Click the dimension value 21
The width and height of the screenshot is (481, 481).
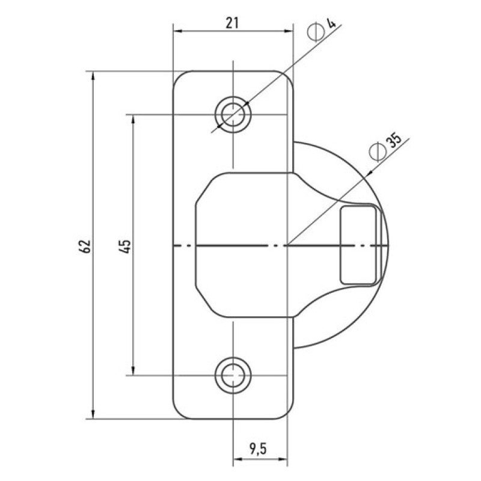232,23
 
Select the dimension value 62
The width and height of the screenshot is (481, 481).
85,246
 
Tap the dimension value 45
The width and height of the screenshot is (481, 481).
126,246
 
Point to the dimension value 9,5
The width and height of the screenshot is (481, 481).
258,449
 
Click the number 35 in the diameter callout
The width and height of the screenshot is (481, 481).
394,141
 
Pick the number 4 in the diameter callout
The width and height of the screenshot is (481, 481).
331,23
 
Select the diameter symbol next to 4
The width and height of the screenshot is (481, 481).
316,32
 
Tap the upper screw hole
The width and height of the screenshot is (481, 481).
233,114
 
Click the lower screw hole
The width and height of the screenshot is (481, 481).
233,375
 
